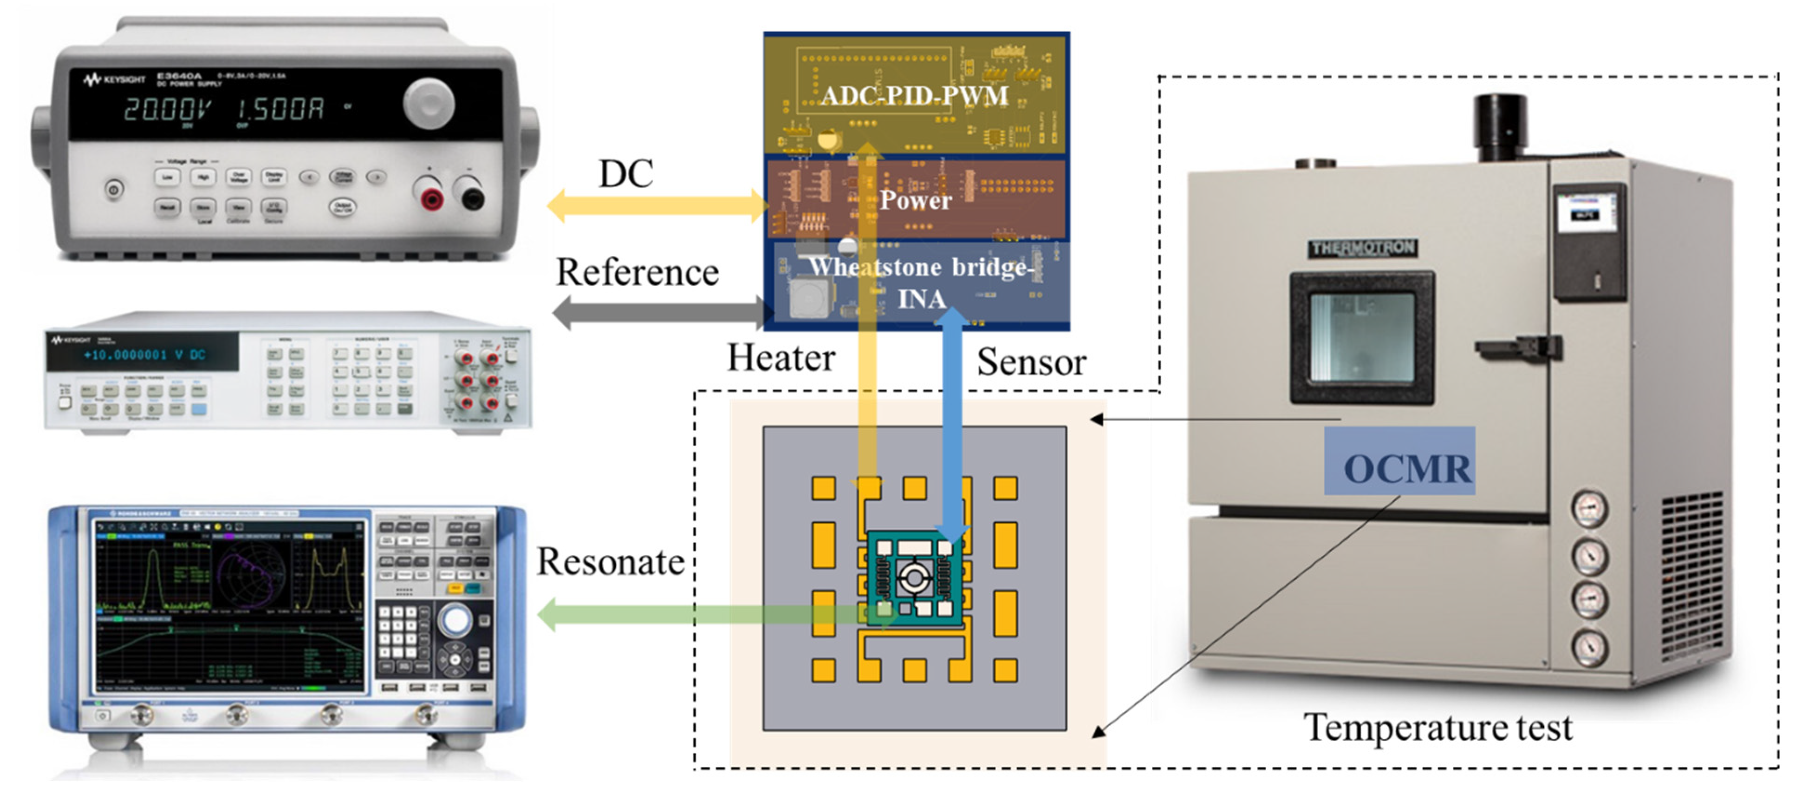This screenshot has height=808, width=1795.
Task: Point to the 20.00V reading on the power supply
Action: [167, 110]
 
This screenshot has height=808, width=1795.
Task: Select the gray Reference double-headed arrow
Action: [662, 312]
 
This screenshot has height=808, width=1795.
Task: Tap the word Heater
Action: [780, 358]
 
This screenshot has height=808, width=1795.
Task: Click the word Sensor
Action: [1031, 362]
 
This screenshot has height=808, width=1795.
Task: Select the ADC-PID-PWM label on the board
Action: [914, 96]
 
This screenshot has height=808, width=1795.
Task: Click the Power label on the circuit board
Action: [915, 201]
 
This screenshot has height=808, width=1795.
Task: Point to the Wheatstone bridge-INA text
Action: [920, 282]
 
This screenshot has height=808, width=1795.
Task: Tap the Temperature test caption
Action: [1437, 727]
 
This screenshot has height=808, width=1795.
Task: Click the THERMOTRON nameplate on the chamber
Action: [1362, 248]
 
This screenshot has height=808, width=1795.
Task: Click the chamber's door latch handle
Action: [1519, 347]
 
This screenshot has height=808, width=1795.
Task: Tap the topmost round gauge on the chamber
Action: [1589, 509]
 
